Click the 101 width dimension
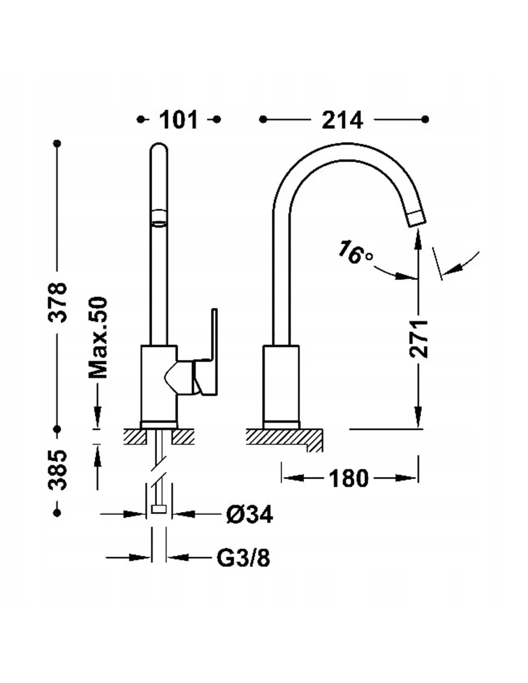[x=178, y=120]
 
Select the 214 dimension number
[x=342, y=120]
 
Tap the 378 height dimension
[x=59, y=303]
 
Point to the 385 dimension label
[x=59, y=470]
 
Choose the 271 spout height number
[x=419, y=338]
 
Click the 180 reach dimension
[x=348, y=478]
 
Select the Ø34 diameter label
[x=249, y=514]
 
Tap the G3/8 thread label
[x=243, y=558]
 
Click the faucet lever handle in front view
[x=207, y=365]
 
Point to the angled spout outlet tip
[x=416, y=219]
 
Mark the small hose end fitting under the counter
[x=158, y=510]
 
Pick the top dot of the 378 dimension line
[x=59, y=143]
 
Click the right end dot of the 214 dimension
[x=424, y=119]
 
